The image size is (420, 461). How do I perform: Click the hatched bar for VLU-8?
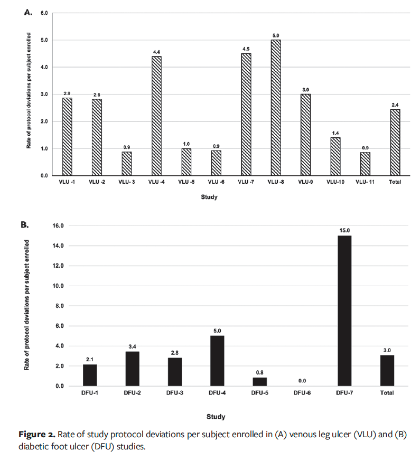tap(275, 108)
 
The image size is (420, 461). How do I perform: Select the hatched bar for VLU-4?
tap(156, 116)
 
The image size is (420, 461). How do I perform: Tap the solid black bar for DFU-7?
tap(344, 311)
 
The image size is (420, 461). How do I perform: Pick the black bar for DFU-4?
tap(217, 361)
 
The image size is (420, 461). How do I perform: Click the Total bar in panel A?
tap(395, 142)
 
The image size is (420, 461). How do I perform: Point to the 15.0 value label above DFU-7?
tap(344, 230)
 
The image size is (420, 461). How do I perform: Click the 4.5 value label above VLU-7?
tap(246, 49)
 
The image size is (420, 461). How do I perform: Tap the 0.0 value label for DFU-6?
tap(302, 381)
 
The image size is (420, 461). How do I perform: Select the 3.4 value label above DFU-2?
tap(132, 346)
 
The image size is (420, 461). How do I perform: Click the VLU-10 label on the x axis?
tap(335, 182)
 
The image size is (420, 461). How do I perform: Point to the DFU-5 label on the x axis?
tap(259, 393)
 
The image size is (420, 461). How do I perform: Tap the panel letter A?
tap(29, 12)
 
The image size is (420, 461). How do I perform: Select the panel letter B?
tap(24, 225)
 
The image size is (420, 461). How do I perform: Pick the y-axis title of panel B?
tap(26, 305)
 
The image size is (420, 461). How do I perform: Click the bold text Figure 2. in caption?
tap(37, 435)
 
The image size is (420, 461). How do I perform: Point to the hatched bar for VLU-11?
tap(365, 164)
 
